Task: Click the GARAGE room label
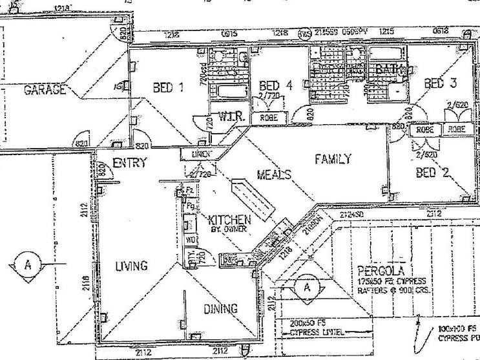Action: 45,90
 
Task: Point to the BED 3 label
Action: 441,83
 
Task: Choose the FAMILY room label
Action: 333,158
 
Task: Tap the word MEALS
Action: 274,175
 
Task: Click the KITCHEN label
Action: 229,219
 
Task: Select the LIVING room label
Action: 132,266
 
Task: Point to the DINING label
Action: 221,308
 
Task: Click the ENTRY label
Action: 130,163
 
